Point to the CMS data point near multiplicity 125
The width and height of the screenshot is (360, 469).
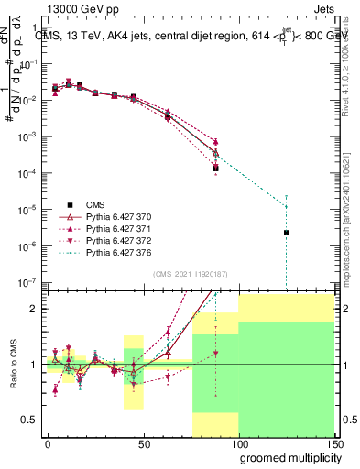(x=287, y=233)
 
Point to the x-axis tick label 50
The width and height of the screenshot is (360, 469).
(x=144, y=444)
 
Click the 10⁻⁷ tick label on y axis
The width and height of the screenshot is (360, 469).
(x=27, y=282)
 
